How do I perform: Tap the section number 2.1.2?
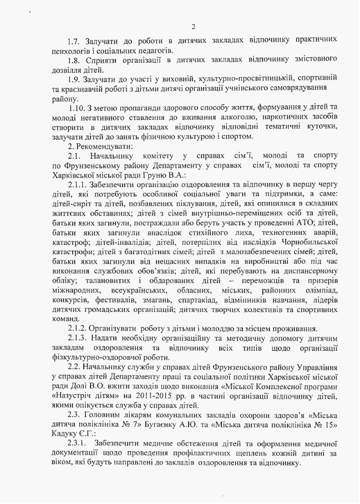click(78, 328)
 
